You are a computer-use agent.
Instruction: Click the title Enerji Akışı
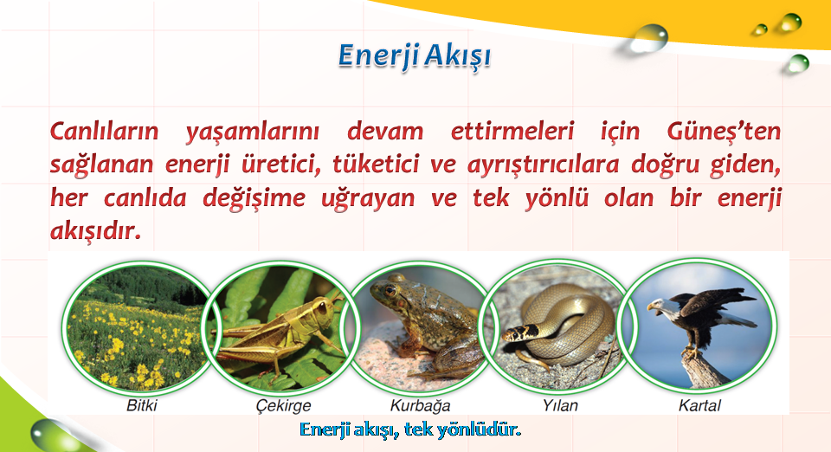click(x=415, y=56)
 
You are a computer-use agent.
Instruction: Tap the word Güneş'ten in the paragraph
click(x=724, y=131)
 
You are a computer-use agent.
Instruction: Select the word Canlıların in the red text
click(x=105, y=131)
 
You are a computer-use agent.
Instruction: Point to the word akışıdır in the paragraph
click(x=96, y=230)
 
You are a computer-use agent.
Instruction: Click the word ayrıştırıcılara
click(x=543, y=165)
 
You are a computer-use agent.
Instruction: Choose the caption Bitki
click(x=141, y=405)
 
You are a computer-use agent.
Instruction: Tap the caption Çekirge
click(x=284, y=406)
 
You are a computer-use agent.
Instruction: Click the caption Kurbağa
click(x=421, y=406)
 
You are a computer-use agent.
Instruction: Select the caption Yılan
click(x=560, y=405)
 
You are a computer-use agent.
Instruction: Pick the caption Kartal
click(x=699, y=405)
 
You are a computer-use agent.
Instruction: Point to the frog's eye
click(x=390, y=290)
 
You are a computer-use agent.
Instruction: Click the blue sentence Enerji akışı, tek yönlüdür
click(x=410, y=429)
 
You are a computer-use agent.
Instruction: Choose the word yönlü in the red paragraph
click(x=557, y=197)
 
